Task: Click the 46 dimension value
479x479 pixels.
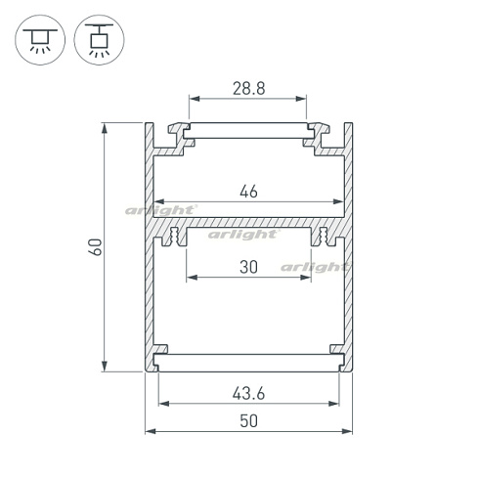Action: pyautogui.click(x=247, y=193)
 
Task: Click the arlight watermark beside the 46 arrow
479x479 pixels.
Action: pyautogui.click(x=161, y=209)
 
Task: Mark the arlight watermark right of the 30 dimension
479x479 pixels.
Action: pyautogui.click(x=315, y=266)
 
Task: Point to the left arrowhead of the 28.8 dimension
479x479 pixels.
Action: pyautogui.click(x=192, y=99)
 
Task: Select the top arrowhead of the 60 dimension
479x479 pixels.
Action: pyautogui.click(x=106, y=127)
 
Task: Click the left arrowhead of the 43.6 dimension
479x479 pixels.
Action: pyautogui.click(x=163, y=402)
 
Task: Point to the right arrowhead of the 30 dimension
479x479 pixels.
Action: pyautogui.click(x=305, y=277)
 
